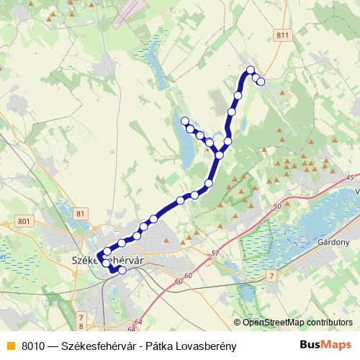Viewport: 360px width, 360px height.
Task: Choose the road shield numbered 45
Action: coord(351,177)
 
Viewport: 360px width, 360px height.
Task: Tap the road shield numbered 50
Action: coord(276,207)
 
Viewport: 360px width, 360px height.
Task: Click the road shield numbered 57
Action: coord(215,253)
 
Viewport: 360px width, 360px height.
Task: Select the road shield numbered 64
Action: coord(138,322)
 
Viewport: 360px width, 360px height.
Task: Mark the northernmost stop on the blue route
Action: coord(251,70)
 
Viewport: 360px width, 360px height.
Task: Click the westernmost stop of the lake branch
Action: coord(184,121)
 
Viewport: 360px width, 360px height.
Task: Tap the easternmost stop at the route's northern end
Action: coord(261,81)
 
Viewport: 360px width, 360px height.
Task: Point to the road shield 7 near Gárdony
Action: coord(271,276)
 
